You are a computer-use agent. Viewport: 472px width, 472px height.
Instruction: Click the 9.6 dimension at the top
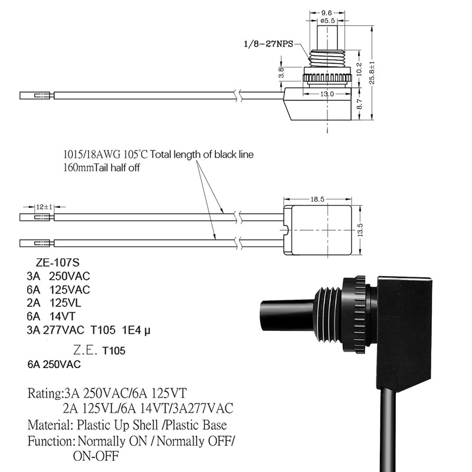(327, 12)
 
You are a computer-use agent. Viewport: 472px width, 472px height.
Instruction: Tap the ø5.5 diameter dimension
(327, 21)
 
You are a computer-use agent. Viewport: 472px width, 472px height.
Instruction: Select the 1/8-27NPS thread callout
(268, 44)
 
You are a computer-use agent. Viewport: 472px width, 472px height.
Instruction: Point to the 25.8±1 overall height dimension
(372, 73)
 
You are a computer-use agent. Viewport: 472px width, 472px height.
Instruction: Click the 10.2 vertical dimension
(359, 68)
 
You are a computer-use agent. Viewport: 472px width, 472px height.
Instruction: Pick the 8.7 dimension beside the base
(359, 104)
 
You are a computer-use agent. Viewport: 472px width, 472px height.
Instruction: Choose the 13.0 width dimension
(327, 94)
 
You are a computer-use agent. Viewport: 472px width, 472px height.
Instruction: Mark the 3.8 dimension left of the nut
(281, 73)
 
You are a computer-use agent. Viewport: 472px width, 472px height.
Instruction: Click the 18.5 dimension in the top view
(317, 199)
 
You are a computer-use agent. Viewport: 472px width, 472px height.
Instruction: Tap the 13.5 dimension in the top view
(360, 230)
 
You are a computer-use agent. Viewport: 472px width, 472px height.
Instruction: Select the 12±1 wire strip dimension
(44, 207)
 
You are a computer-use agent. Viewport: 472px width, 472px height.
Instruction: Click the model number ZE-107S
(57, 263)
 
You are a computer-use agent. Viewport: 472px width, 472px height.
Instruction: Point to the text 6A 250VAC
(54, 365)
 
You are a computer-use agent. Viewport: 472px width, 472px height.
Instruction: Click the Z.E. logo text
(85, 350)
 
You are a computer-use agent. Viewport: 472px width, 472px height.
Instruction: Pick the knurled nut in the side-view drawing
(327, 77)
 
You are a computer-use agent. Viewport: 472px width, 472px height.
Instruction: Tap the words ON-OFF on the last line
(96, 456)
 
